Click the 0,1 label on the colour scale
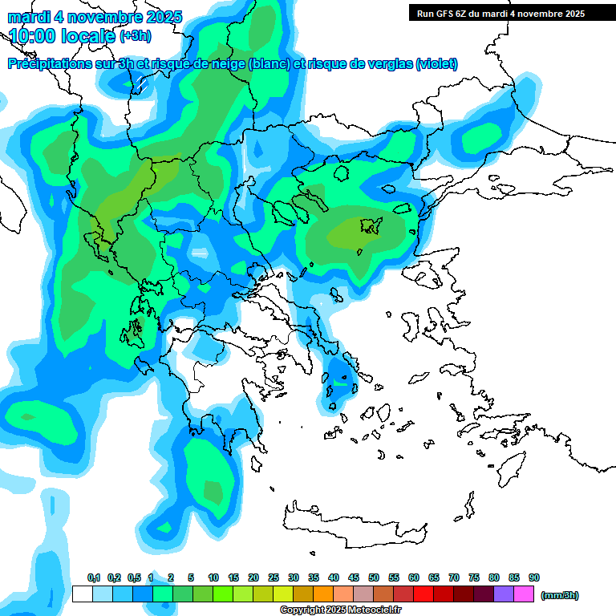click(x=94, y=577)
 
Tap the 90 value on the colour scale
click(x=534, y=577)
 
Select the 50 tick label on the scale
click(x=374, y=577)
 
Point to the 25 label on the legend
click(x=274, y=577)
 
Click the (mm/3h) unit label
click(x=560, y=595)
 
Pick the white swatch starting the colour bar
click(x=82, y=594)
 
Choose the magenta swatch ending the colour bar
click(x=524, y=594)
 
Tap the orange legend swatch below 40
click(x=322, y=594)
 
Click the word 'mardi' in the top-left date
click(x=30, y=17)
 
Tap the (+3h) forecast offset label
click(x=136, y=36)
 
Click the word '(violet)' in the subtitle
click(x=436, y=64)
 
